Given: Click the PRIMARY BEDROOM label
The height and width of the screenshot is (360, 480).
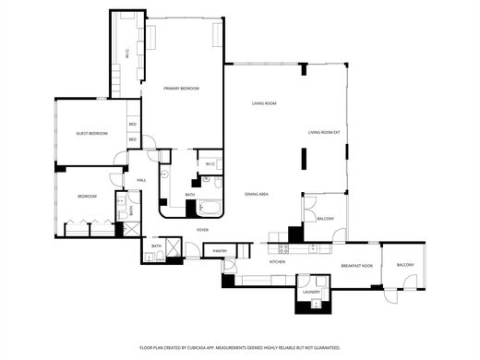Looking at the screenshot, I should point(181,89).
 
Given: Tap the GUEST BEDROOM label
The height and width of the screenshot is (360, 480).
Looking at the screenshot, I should point(91,134).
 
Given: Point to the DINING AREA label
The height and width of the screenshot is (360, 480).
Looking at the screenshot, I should point(257,194).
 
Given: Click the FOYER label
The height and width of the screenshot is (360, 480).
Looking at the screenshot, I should point(202,229).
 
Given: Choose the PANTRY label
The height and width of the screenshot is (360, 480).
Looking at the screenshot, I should point(220,251).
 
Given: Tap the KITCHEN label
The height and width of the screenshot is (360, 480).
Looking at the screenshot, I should point(277,262).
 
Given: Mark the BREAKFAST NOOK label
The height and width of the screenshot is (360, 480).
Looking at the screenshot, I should point(356,266).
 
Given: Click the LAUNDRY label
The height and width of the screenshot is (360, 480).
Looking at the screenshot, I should point(311,293).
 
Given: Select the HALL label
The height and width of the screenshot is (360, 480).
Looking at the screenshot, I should point(141,179).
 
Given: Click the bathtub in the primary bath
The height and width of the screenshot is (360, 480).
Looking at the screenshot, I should point(211,209).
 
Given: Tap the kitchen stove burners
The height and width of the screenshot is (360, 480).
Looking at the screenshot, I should point(283,247).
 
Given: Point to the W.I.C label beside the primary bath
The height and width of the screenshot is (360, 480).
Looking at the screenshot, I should point(210,164).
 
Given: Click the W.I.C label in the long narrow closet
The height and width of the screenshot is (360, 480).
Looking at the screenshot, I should point(127,55).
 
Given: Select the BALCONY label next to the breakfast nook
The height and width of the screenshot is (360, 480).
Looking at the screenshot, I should point(405,265).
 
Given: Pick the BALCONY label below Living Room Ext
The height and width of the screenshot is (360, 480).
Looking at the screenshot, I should point(325,219).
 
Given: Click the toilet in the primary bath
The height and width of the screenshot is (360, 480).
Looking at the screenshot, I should point(164,174).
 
